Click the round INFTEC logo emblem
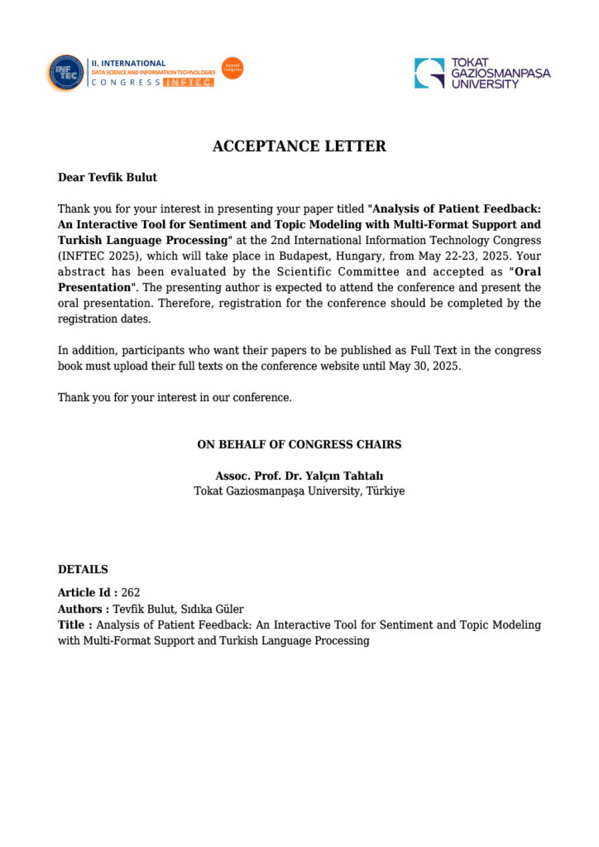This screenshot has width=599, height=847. pyautogui.click(x=66, y=73)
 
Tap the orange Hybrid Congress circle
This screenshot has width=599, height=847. pyautogui.click(x=232, y=68)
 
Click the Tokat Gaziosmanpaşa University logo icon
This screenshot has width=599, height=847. pyautogui.click(x=429, y=73)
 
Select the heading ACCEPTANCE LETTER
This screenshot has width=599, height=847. pyautogui.click(x=299, y=146)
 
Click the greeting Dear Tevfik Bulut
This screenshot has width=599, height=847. pyautogui.click(x=107, y=177)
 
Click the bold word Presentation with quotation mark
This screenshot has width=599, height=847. pyautogui.click(x=95, y=288)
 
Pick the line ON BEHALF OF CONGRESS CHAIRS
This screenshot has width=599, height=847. pyautogui.click(x=299, y=445)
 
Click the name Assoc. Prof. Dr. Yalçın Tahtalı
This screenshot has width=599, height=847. pyautogui.click(x=299, y=476)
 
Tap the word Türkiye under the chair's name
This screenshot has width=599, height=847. pyautogui.click(x=385, y=491)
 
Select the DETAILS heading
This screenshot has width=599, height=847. pyautogui.click(x=82, y=569)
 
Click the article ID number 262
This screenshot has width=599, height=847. pyautogui.click(x=130, y=593)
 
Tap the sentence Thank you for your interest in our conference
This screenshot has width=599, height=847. pyautogui.click(x=174, y=398)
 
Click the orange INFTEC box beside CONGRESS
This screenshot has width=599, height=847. pyautogui.click(x=188, y=82)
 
